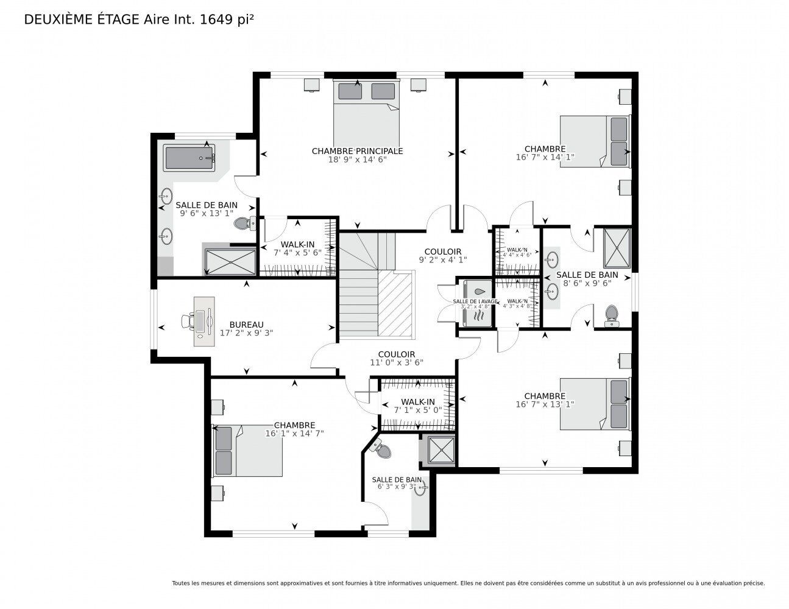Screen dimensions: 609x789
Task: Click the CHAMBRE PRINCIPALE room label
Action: pos(357,151)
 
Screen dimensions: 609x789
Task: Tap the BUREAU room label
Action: pos(246,325)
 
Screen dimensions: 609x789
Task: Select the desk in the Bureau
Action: pos(203,321)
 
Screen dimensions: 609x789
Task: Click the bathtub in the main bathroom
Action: pos(189,158)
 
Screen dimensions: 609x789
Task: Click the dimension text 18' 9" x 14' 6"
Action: pos(357,160)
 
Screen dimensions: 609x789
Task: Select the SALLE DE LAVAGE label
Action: pos(475,301)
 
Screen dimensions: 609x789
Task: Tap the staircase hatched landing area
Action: pos(396,303)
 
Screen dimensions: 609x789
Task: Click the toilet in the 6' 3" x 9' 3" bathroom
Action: pos(383,450)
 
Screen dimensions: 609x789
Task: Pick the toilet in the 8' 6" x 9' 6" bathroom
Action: pos(610,315)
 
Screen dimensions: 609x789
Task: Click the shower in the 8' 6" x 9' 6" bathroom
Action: pos(617,247)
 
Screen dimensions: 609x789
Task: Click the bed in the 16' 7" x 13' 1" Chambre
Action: pos(595,403)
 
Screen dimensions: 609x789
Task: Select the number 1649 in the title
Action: pos(216,19)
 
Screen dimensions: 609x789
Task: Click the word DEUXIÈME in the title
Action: pos(54,19)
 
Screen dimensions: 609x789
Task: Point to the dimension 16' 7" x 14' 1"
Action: pos(545,157)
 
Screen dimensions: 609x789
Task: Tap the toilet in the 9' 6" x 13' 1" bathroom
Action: pos(242,224)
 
